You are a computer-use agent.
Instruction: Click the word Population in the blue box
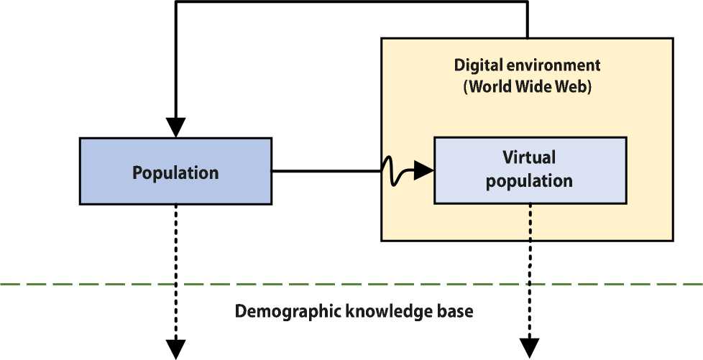coord(175,173)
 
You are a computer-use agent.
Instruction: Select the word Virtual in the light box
coord(529,157)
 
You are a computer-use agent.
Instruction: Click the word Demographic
coord(282,313)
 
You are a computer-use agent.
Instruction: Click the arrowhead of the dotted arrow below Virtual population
coord(529,349)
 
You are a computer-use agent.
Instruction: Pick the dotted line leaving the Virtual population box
coord(529,244)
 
